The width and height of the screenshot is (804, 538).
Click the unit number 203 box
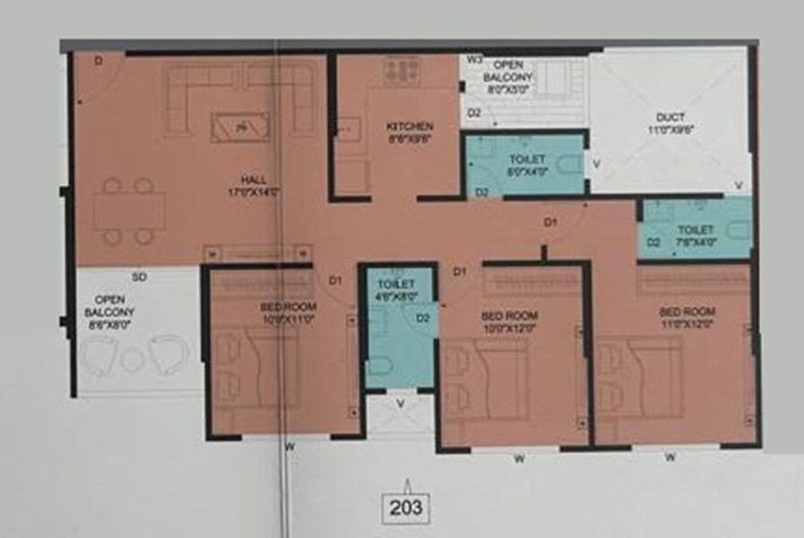click(406, 508)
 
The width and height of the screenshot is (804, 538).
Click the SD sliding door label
click(139, 277)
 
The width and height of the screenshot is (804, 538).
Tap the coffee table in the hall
click(239, 127)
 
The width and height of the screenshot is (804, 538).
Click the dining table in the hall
click(129, 212)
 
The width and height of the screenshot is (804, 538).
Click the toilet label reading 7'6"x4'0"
click(695, 235)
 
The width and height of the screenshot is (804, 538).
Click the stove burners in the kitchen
click(401, 70)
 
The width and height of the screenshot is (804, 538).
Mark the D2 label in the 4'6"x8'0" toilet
click(423, 317)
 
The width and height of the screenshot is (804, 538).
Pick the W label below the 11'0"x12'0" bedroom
click(669, 457)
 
